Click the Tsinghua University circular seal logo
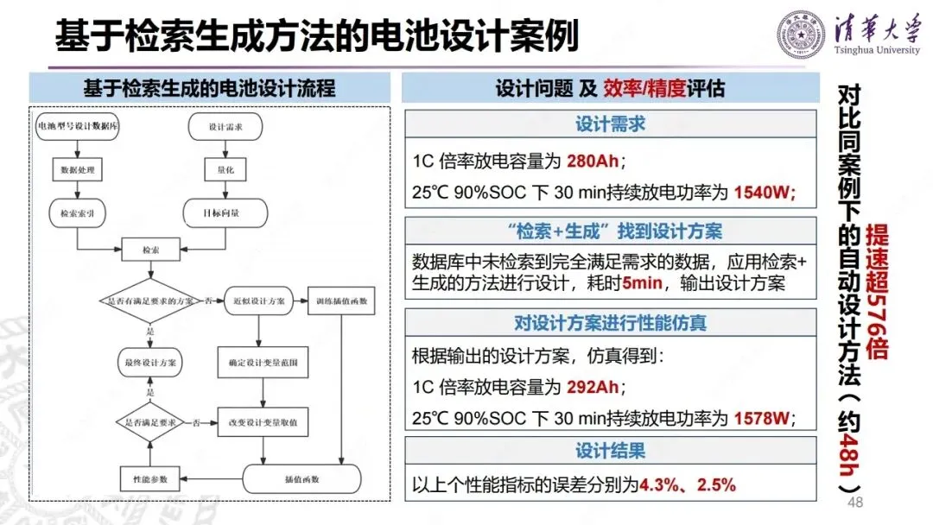pyautogui.click(x=801, y=34)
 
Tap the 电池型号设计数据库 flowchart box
pyautogui.click(x=78, y=127)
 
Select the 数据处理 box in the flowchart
pyautogui.click(x=78, y=169)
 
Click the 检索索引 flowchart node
pyautogui.click(x=78, y=212)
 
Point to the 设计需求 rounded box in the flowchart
pyautogui.click(x=225, y=127)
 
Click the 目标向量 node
pyautogui.click(x=224, y=212)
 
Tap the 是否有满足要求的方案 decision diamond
pyautogui.click(x=151, y=300)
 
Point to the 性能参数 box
pyautogui.click(x=150, y=478)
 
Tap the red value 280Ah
pyautogui.click(x=589, y=161)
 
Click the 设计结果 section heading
pyautogui.click(x=610, y=451)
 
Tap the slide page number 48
pyautogui.click(x=857, y=503)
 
